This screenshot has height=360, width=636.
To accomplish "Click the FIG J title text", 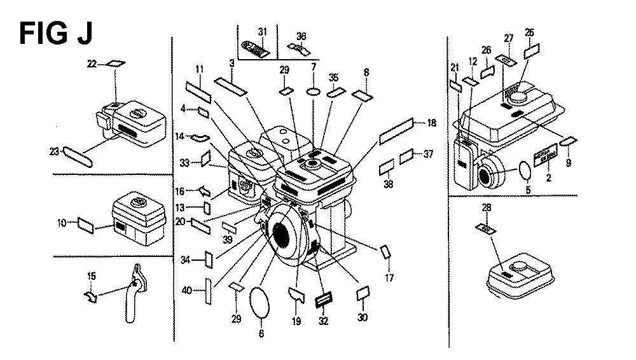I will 56,33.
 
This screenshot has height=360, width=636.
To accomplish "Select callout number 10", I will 62,223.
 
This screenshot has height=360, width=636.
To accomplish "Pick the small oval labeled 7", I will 313,92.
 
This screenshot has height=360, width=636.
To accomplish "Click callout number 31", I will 263,32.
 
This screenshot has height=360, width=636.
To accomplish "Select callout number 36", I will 301,36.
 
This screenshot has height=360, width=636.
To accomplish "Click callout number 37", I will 428,153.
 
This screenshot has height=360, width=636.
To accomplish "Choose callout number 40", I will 186,291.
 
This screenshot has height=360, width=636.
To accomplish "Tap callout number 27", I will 508,38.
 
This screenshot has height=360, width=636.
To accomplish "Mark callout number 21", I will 455,68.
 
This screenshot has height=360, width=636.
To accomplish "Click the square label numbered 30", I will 363,293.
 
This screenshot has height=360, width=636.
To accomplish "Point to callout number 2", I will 548,177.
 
